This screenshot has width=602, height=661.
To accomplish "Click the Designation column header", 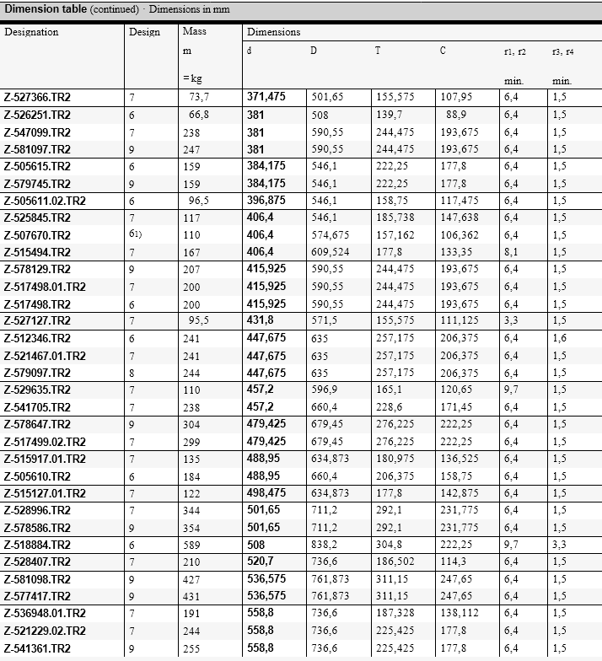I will pos(31,32).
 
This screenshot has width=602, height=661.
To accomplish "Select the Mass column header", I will pos(194,31).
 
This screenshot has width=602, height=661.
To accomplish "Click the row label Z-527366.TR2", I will pos(37,97).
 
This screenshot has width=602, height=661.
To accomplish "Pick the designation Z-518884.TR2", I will pos(37,545).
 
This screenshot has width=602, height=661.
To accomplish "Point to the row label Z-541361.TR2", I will pos(37,648).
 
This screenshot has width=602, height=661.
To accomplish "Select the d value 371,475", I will pos(266,97).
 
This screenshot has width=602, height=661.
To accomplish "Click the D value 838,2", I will pos(324,545).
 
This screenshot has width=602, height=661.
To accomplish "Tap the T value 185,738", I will pos(395,218).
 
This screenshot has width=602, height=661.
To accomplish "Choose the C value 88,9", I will pos(456,115).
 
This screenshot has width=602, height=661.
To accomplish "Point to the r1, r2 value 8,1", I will pos(511,252).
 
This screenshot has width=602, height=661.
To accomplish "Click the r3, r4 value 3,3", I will pos(559,545).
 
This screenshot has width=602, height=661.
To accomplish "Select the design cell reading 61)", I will pos(136,235).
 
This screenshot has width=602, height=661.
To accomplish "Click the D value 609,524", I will pos(327,252).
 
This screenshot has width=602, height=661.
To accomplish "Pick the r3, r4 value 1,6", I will pos(559,338).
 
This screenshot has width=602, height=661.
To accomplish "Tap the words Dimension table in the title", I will pos(45,8).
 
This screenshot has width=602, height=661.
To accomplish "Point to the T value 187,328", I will pos(395,614).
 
